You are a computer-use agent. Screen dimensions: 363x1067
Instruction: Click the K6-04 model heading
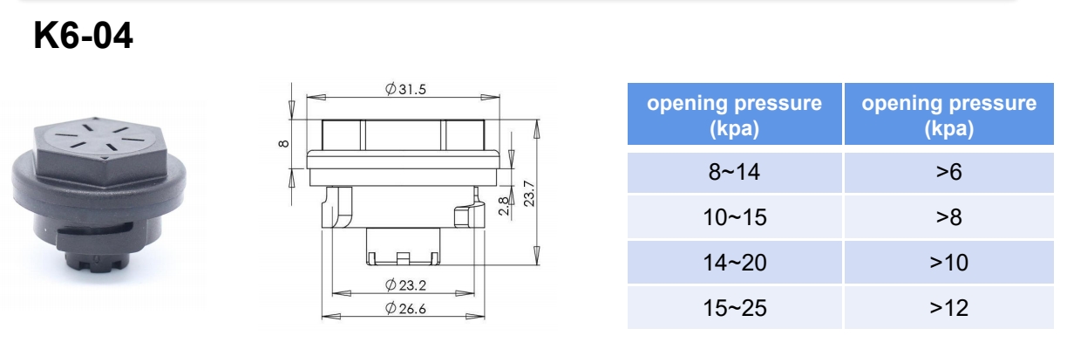point(84,37)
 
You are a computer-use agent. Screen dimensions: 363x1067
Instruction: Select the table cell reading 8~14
point(734,173)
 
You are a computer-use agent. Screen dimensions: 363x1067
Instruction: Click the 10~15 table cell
point(734,217)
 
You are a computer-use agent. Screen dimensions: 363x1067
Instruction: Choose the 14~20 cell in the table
point(734,263)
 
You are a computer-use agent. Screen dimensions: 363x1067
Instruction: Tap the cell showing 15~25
point(734,307)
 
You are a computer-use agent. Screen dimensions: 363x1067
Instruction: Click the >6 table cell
point(948,173)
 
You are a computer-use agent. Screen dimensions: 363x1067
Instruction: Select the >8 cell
point(948,217)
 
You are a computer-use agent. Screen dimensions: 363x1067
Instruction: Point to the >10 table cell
point(948,263)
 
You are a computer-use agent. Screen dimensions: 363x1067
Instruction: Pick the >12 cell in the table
point(948,307)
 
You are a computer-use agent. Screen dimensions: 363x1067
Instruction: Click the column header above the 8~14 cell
point(734,115)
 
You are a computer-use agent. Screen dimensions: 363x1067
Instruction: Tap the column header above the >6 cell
point(948,115)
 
